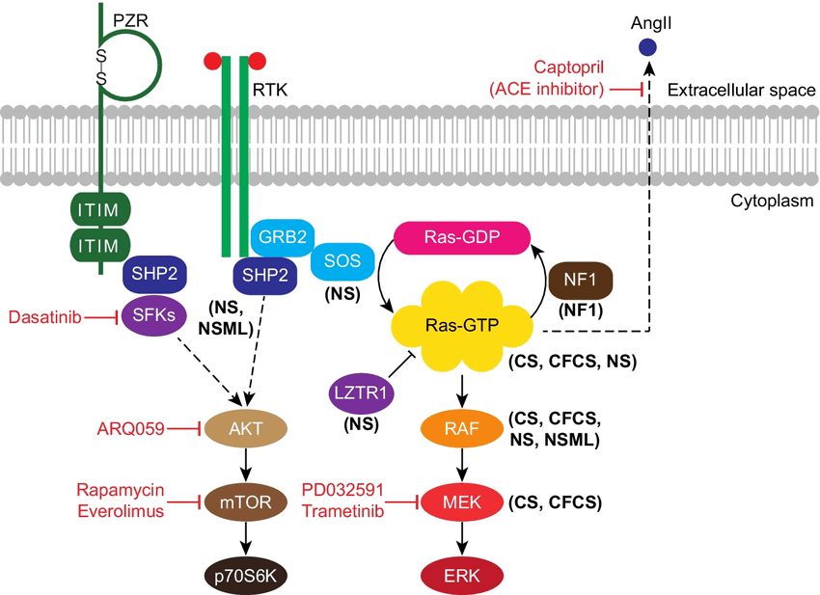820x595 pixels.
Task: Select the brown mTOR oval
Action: (x=240, y=501)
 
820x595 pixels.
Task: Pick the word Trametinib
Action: (x=342, y=510)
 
